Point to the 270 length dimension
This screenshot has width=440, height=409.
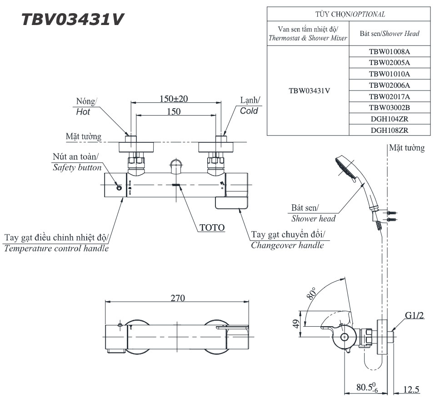point(177,298)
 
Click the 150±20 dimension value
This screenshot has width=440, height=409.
point(175,99)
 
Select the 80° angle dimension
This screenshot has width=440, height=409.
point(312,294)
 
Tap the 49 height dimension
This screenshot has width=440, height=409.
point(295,324)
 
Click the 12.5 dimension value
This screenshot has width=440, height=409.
point(411,389)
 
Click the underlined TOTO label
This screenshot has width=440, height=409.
point(212,227)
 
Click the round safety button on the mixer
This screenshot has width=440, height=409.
point(119,188)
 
